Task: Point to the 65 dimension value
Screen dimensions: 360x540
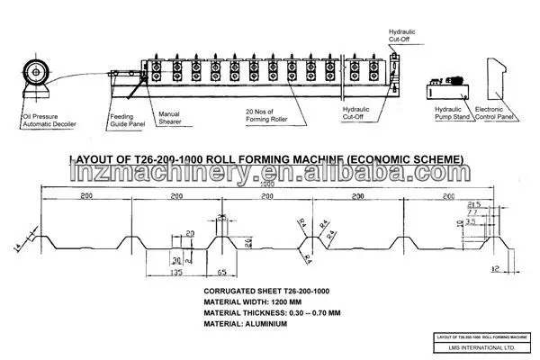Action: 221,269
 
